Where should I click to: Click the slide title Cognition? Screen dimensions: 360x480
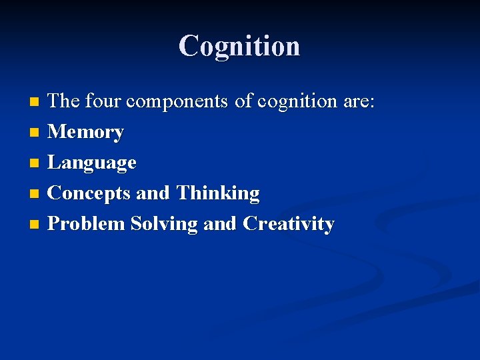pos(239,46)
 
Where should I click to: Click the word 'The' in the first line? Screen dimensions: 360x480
pos(64,102)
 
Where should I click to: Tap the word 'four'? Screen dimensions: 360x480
pos(103,102)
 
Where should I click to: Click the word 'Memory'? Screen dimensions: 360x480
pos(86,133)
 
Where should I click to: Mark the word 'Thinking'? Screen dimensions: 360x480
pos(218,194)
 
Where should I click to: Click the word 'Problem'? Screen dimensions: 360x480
pos(87,224)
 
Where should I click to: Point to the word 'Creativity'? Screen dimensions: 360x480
pos(289,225)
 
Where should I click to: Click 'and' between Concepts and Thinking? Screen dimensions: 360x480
pos(153,194)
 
